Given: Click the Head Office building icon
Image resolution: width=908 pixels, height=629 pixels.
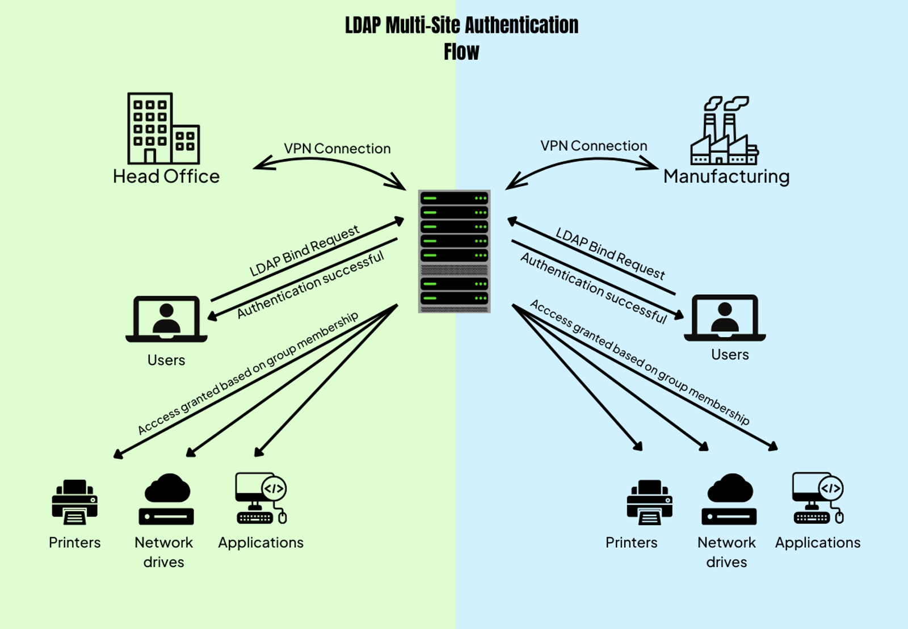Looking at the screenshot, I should [x=163, y=129].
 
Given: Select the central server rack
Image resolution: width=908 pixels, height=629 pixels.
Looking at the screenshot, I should [x=454, y=251].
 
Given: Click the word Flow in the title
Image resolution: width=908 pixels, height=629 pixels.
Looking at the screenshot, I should [x=461, y=52].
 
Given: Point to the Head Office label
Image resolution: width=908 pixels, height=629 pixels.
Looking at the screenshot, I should [x=166, y=177].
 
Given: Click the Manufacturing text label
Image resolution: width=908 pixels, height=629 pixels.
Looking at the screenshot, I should [x=726, y=177].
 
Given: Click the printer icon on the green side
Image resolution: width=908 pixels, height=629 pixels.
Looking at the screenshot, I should [x=74, y=502].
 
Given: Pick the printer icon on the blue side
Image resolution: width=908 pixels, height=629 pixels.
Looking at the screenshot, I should [x=649, y=502].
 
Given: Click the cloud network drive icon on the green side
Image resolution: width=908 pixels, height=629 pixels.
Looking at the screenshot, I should [x=166, y=499].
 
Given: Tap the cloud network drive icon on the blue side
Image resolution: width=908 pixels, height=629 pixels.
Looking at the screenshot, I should [x=729, y=499].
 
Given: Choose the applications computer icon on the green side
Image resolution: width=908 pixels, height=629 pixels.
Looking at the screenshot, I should [x=260, y=498].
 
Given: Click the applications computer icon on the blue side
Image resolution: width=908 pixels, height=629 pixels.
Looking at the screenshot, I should [x=817, y=498].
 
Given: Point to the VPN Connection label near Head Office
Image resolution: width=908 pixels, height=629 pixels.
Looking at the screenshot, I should [x=337, y=149].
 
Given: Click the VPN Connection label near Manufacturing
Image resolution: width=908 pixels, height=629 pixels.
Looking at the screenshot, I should [x=594, y=146].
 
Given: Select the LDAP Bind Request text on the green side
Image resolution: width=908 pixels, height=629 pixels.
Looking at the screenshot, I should [x=304, y=251].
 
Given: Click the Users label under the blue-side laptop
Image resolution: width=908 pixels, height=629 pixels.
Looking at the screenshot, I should [x=730, y=355].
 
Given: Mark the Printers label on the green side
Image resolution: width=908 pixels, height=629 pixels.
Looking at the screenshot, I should [x=74, y=543].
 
